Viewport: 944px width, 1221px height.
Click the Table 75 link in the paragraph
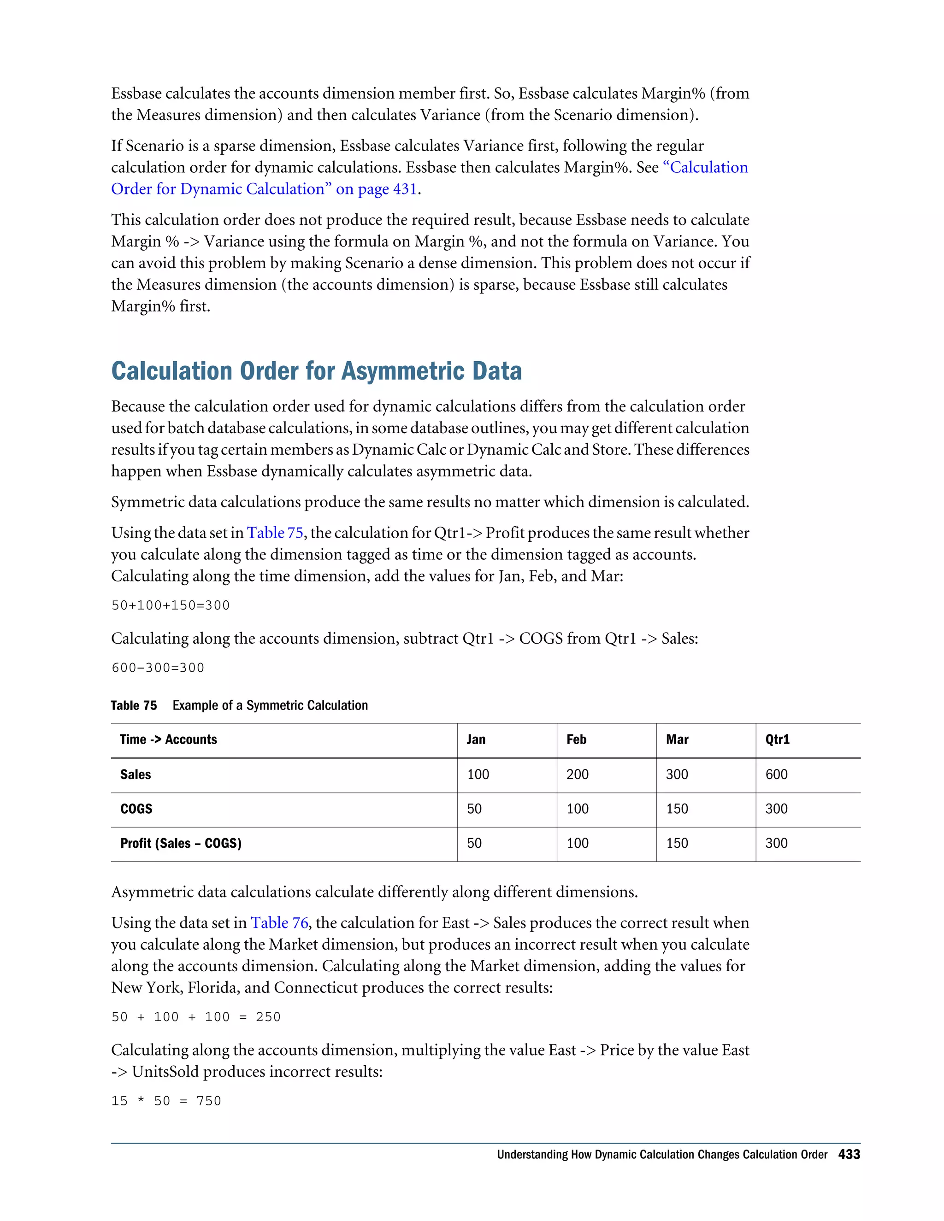(275, 533)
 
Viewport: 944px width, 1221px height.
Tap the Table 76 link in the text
(279, 923)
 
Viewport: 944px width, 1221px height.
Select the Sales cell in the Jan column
(478, 775)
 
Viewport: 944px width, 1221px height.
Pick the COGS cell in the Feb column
(577, 809)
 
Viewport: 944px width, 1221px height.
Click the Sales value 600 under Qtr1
(776, 775)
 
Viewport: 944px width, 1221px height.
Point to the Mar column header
(677, 740)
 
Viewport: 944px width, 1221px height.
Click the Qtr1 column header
(777, 740)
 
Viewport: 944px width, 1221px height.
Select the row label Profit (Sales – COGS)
(181, 843)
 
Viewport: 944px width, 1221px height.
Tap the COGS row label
(136, 809)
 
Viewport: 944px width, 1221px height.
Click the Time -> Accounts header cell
(168, 740)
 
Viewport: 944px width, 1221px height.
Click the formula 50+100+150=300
(171, 605)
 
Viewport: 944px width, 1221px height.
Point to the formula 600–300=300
(158, 668)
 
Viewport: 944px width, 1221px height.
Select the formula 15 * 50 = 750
(166, 1101)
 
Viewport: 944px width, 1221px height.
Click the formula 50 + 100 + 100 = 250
(196, 1017)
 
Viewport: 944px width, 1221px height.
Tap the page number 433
(849, 1155)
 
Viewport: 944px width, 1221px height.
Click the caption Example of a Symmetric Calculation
(270, 705)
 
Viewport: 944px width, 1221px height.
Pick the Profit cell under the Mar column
(677, 843)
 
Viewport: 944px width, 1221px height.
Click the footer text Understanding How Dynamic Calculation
(661, 1155)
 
